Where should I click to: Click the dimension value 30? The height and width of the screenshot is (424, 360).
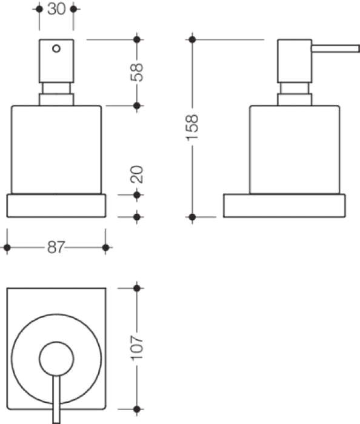pyautogui.click(x=56, y=9)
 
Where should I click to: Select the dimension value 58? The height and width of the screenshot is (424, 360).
pyautogui.click(x=136, y=72)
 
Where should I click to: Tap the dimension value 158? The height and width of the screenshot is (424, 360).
pyautogui.click(x=192, y=127)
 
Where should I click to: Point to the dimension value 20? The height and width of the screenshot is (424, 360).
pyautogui.click(x=136, y=174)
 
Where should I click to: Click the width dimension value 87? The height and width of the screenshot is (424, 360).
pyautogui.click(x=56, y=247)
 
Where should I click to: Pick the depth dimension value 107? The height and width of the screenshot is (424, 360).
pyautogui.click(x=137, y=348)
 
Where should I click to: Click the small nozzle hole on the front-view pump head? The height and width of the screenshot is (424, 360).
pyautogui.click(x=56, y=48)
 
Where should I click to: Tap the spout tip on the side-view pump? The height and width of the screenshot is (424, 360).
pyautogui.click(x=358, y=48)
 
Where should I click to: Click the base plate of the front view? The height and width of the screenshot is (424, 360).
pyautogui.click(x=56, y=205)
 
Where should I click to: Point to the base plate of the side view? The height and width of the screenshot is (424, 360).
pyautogui.click(x=284, y=205)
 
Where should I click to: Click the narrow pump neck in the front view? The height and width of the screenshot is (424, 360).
pyautogui.click(x=56, y=88)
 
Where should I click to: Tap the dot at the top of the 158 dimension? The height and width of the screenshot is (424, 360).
pyautogui.click(x=192, y=40)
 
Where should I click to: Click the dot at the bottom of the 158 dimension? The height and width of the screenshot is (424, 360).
pyautogui.click(x=192, y=217)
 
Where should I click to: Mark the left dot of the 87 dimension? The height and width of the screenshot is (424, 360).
pyautogui.click(x=7, y=247)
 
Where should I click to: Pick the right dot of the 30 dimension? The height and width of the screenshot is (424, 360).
pyautogui.click(x=73, y=9)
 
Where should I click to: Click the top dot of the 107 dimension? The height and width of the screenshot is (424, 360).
pyautogui.click(x=137, y=288)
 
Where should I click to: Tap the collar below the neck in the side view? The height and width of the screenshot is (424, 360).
pyautogui.click(x=295, y=99)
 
